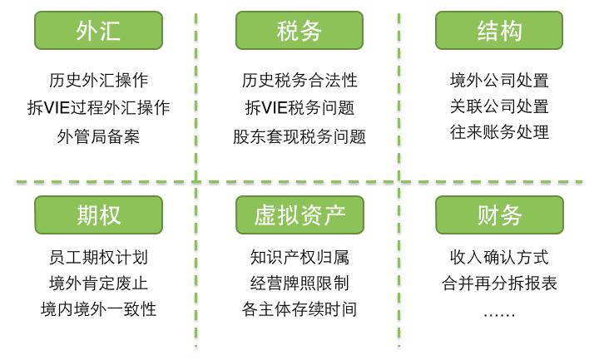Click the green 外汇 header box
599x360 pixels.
coord(98,31)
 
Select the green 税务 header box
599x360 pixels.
coord(299,31)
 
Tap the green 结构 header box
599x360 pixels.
coord(499,31)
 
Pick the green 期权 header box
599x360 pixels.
coord(98,215)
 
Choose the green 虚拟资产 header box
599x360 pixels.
coord(299,215)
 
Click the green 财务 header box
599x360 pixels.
coord(499,215)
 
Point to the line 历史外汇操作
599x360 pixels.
coord(98,80)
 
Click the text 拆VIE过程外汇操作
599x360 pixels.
coord(98,107)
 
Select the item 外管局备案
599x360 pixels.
coord(98,136)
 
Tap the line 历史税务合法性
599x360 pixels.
coord(299,80)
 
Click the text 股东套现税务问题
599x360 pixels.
coord(299,136)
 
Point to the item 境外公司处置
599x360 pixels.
coord(499,80)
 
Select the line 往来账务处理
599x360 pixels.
coord(499,132)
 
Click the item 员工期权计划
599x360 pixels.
coord(98,257)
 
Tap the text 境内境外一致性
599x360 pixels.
coord(98,309)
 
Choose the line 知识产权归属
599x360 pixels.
coord(299,257)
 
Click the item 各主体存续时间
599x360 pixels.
coord(299,309)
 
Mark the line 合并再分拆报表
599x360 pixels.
coord(499,284)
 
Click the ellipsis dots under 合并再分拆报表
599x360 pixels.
coord(499,315)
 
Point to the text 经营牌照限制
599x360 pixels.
coord(299,284)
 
